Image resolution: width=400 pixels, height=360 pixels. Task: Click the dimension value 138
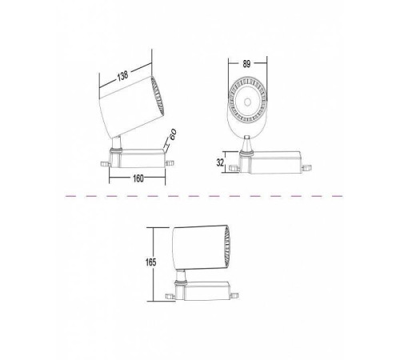(x=122, y=76)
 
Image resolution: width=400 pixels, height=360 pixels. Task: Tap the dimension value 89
(x=246, y=64)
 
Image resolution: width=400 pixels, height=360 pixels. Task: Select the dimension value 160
(x=138, y=178)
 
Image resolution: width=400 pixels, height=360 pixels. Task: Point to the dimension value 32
(x=220, y=162)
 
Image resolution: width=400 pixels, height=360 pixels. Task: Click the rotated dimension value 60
(x=173, y=134)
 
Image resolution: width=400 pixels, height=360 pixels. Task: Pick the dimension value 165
(x=150, y=262)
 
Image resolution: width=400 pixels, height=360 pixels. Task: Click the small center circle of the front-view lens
(x=247, y=102)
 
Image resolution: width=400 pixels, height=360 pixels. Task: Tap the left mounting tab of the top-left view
(x=105, y=163)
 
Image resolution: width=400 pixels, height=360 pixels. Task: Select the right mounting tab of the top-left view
(x=170, y=163)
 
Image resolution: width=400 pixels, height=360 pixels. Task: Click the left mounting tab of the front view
(x=234, y=168)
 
